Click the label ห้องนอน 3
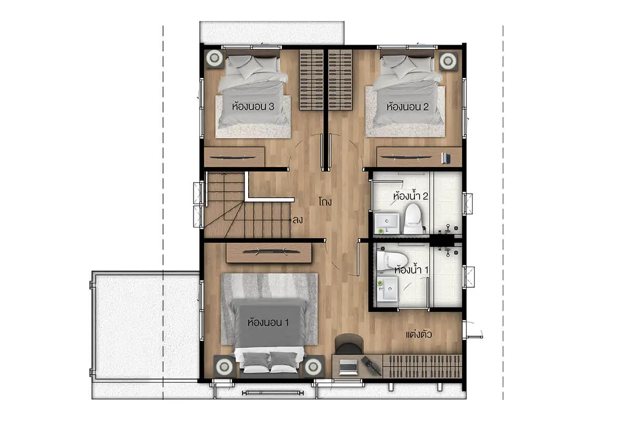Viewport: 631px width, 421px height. point(253,106)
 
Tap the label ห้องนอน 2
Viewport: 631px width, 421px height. point(408,106)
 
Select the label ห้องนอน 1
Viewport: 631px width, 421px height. point(268,322)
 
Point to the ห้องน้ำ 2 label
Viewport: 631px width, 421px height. point(411,195)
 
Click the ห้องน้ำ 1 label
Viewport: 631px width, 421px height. point(411,269)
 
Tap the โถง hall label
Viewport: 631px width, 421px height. point(325,202)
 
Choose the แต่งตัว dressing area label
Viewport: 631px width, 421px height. point(419,334)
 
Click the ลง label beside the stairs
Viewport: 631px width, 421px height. point(298,219)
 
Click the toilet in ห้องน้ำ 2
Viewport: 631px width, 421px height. point(413,218)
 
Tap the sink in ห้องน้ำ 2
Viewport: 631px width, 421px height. point(387,223)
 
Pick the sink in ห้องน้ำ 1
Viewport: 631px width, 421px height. point(388,289)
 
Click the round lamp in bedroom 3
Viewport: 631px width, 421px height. point(215,58)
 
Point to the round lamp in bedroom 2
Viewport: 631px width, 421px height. point(448,61)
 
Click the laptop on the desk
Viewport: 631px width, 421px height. point(348,367)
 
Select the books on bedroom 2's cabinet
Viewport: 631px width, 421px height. point(445,158)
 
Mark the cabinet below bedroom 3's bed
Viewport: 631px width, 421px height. point(235,157)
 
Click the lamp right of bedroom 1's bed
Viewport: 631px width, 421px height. point(313,366)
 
